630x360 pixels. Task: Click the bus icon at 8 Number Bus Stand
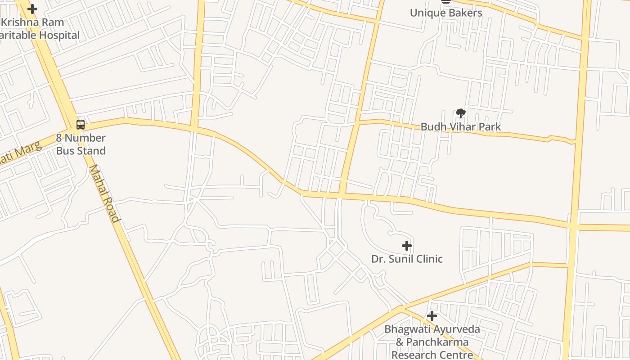(81, 125)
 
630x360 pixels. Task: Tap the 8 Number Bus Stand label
(81, 144)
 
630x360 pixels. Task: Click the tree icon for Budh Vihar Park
(460, 113)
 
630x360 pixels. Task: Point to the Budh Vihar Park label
(460, 127)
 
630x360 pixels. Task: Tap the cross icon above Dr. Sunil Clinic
(407, 246)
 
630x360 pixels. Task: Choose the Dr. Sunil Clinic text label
(407, 259)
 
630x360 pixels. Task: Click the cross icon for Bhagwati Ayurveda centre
(432, 316)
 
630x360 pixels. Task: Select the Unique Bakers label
(445, 13)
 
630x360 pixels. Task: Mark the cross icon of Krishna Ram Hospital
(32, 9)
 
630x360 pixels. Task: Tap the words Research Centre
(432, 355)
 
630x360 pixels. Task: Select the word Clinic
(428, 259)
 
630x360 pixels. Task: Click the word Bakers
(465, 13)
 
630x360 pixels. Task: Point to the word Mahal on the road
(98, 180)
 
